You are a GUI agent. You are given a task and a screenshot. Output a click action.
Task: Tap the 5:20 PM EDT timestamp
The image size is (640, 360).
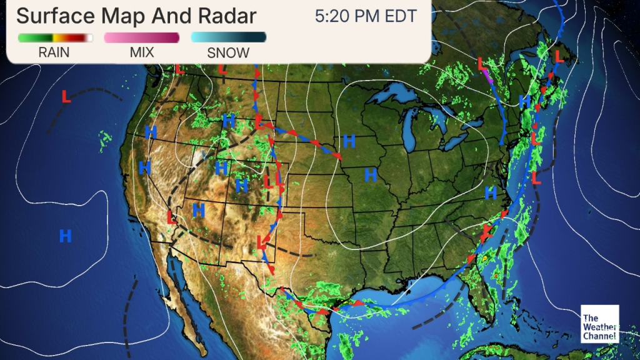coord(366,16)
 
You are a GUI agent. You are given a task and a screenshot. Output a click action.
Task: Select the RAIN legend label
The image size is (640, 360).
coord(54,52)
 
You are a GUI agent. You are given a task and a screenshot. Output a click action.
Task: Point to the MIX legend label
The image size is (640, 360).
coord(141,52)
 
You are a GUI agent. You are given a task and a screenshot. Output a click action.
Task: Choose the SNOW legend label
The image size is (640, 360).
coord(228,52)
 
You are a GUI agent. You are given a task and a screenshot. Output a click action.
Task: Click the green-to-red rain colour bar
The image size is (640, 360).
coord(55,37)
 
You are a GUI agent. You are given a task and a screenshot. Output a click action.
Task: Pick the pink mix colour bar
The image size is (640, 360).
coord(141,37)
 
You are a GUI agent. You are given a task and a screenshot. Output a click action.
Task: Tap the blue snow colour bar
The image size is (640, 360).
coord(228,37)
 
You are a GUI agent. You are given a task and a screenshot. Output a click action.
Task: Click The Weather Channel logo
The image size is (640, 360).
coord(599,324)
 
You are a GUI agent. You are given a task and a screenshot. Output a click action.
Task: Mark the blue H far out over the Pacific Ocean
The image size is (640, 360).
coord(65,236)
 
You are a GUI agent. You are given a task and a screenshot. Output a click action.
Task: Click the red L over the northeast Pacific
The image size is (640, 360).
coord(66,97)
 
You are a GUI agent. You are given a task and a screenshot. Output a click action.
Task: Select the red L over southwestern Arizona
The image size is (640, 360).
coord(171,217)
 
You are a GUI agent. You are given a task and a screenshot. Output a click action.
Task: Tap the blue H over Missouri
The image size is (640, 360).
coord(371,174)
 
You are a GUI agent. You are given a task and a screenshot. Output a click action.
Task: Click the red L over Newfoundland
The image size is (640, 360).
coord(559,56)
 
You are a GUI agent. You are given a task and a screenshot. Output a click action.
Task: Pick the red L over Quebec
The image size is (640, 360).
coord(482,64)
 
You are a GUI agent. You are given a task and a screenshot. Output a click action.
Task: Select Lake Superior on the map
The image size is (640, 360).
coord(392,97)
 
